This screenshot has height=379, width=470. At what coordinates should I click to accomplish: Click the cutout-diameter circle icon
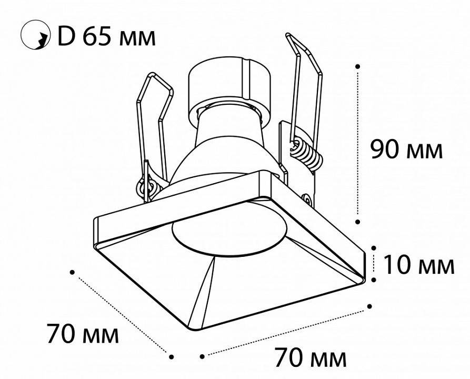[35, 35]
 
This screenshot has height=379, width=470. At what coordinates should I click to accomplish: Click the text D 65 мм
[106, 37]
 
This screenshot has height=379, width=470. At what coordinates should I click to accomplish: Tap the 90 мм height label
[406, 149]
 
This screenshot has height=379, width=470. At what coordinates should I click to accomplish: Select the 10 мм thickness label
[419, 264]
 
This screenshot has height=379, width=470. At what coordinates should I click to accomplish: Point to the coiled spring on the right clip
[307, 154]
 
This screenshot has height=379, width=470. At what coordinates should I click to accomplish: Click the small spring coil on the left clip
[147, 187]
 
